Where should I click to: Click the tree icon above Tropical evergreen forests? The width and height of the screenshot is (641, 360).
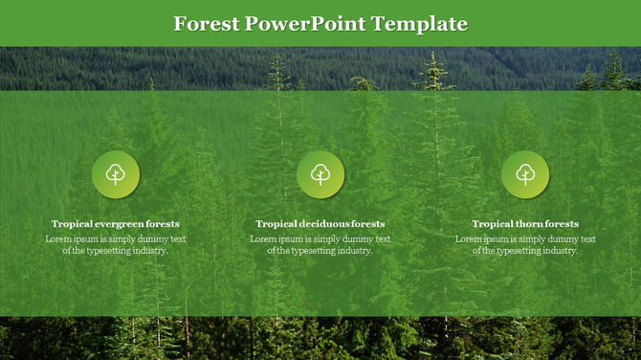click(x=116, y=174)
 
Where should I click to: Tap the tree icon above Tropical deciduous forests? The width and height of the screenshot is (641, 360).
click(x=320, y=174)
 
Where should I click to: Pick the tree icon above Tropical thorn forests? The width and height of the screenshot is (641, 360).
click(x=525, y=174)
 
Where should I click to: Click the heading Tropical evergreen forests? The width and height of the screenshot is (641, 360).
click(x=116, y=224)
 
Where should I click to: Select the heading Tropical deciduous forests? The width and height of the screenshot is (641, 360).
click(x=320, y=224)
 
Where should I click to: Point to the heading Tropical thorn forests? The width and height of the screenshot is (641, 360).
click(x=525, y=224)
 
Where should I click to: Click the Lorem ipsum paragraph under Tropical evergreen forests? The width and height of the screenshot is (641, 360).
click(x=116, y=244)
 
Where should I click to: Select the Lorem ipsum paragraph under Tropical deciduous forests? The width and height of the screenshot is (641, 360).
click(x=320, y=244)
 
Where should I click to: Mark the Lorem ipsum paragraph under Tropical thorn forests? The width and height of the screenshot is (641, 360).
click(x=525, y=244)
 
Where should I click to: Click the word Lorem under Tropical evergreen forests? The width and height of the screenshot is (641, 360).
click(x=58, y=238)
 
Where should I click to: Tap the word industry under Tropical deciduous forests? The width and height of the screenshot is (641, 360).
click(x=353, y=251)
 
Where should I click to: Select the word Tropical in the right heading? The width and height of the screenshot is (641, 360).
click(x=492, y=224)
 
